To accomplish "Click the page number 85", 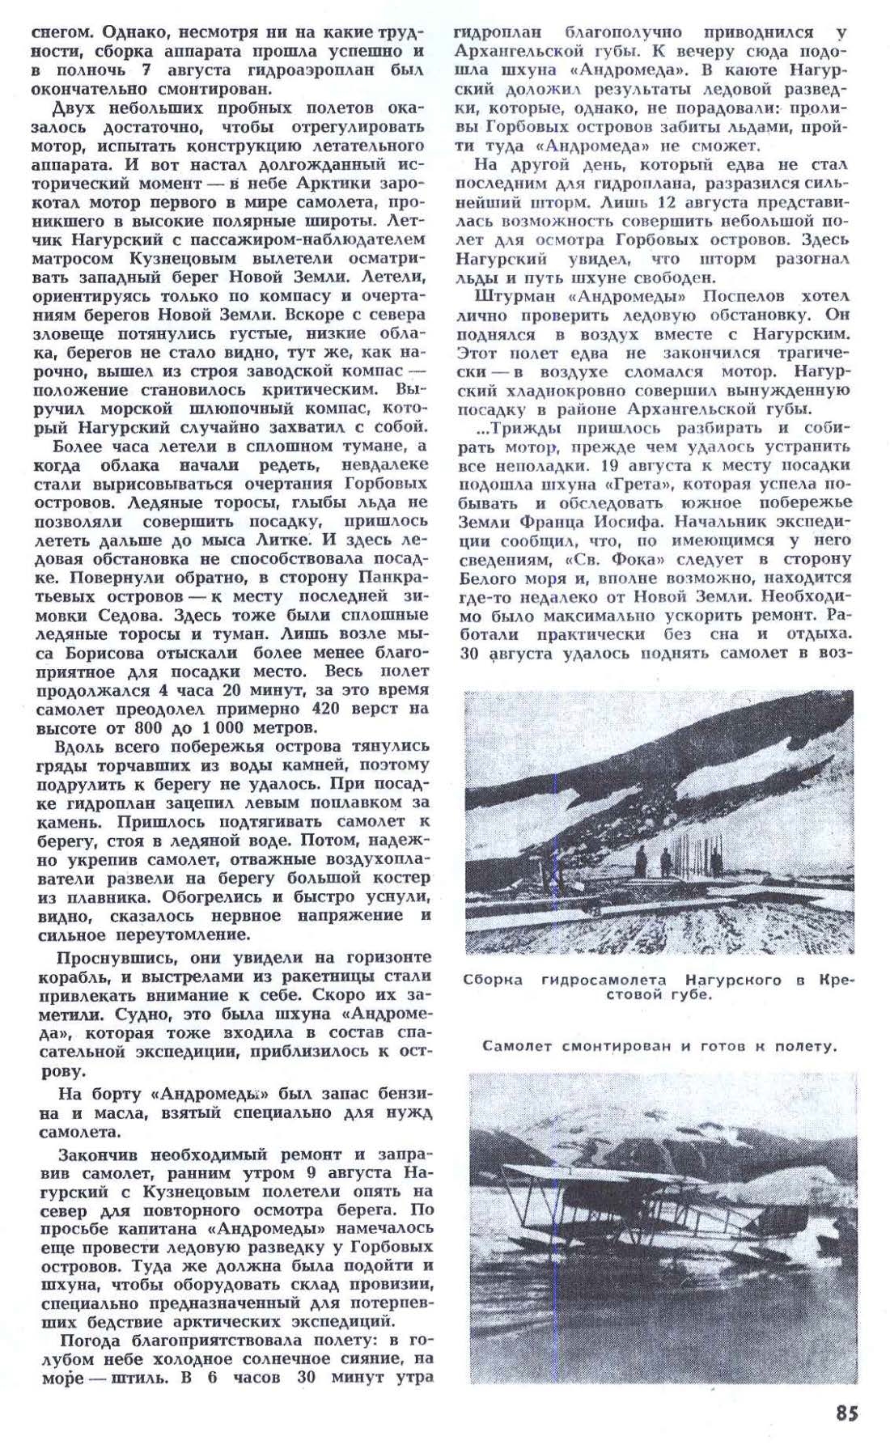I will point(846,1413).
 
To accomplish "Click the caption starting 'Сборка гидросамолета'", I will point(658,987).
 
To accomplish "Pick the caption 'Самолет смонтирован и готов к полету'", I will point(659,1046).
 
